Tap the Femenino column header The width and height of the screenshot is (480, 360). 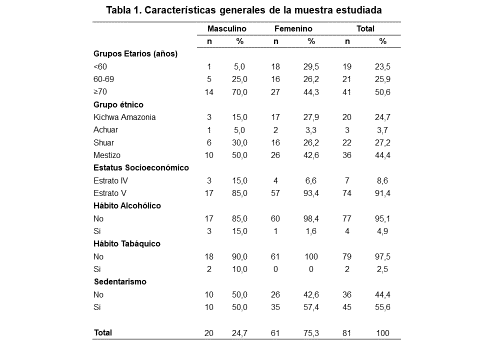click(x=295, y=29)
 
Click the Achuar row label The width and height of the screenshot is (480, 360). click(x=107, y=130)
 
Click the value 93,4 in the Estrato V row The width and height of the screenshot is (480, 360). click(x=311, y=194)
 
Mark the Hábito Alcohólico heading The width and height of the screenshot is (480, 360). click(x=129, y=206)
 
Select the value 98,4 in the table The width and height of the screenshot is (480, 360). click(x=311, y=219)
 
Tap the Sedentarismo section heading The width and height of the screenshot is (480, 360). click(x=123, y=283)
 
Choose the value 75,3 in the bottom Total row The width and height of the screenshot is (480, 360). click(x=311, y=332)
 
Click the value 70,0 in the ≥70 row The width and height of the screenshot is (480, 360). click(x=240, y=91)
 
